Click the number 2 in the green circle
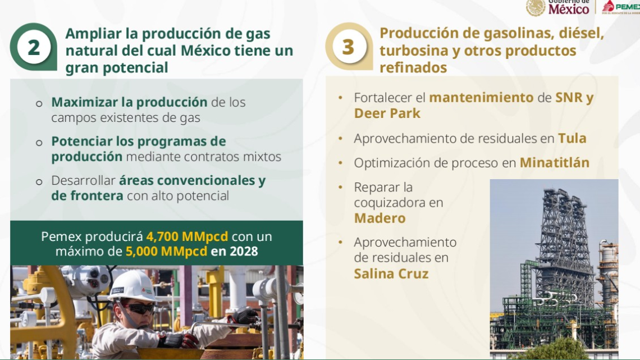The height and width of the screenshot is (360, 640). (x=34, y=48)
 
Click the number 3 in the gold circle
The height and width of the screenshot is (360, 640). (x=348, y=47)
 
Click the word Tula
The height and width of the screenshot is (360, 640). (x=572, y=138)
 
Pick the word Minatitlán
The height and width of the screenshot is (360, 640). (x=554, y=163)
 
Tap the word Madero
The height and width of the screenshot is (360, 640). (x=380, y=218)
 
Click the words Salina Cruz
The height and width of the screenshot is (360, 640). (x=391, y=274)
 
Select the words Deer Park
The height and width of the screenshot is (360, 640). (x=387, y=113)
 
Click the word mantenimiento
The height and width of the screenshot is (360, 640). (x=481, y=98)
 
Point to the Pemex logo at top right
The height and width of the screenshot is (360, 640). (x=620, y=7)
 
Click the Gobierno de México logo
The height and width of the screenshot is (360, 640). (x=559, y=7)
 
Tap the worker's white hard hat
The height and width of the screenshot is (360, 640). (x=132, y=286)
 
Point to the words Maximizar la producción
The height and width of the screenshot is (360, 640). (x=129, y=103)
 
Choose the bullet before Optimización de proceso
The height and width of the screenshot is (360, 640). (x=340, y=163)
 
